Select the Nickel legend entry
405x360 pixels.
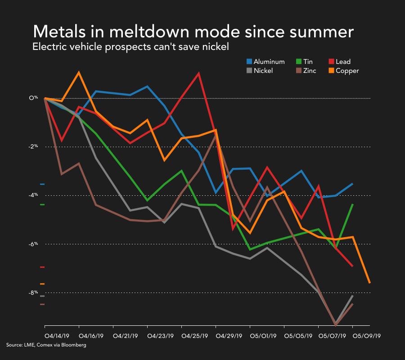[263, 71]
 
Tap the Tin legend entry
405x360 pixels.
[308, 62]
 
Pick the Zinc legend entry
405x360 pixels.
[309, 71]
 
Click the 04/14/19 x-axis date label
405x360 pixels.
[56, 336]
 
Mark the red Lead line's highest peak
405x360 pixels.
[198, 73]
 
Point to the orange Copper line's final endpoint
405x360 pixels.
[369, 283]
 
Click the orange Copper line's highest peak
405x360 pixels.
[79, 72]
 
